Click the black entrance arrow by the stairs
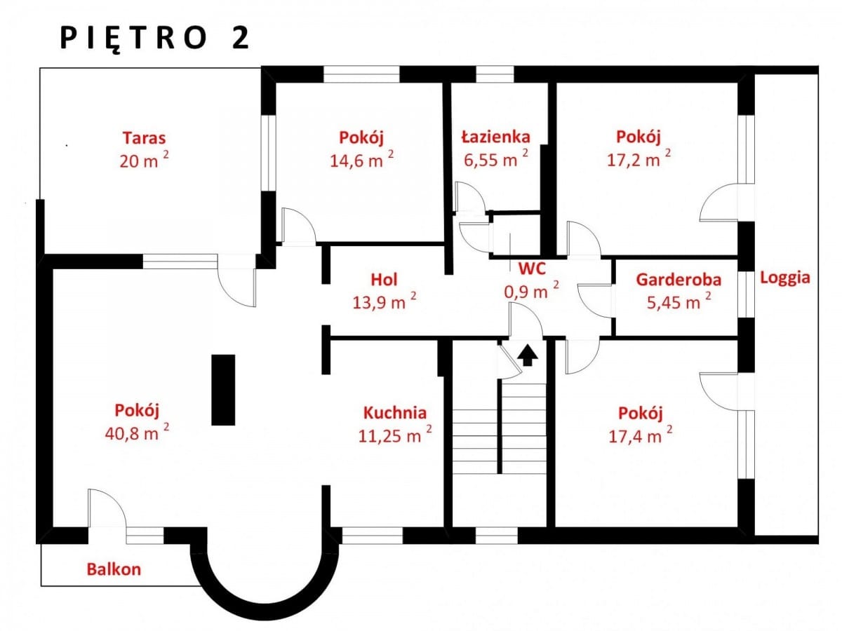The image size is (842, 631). point(528,355)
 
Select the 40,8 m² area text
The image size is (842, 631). point(137,432)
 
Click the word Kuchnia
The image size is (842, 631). point(395,413)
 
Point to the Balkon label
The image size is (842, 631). point(114,569)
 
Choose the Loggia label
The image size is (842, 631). point(785,278)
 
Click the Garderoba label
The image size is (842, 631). point(679,280)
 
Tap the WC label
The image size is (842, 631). point(532,269)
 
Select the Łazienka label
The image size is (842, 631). point(496,137)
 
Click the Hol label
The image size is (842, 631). point(384,280)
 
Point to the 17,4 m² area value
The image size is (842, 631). point(640,435)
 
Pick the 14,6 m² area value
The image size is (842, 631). point(362,158)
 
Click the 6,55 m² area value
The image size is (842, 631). point(496,158)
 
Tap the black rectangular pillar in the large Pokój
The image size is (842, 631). point(223,390)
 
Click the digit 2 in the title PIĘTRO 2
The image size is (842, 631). point(241,39)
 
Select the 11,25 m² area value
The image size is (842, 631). point(395,434)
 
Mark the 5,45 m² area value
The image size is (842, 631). point(679,301)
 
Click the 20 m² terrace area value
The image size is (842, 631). point(144,159)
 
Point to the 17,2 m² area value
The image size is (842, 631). point(639,158)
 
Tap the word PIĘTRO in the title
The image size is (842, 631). point(134,39)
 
